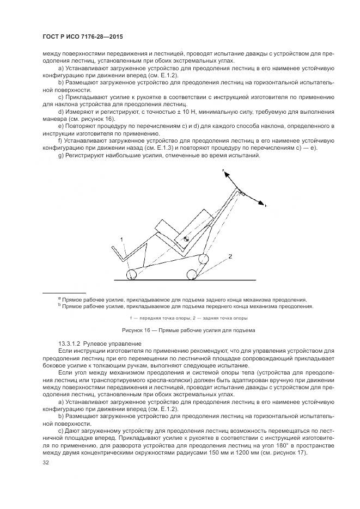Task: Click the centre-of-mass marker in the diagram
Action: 186,238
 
